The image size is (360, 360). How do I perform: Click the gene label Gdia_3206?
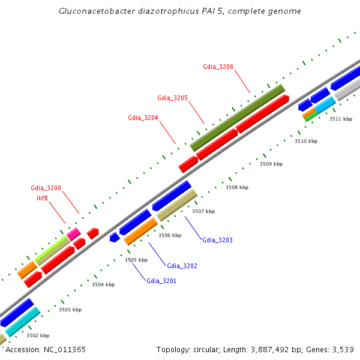(218, 67)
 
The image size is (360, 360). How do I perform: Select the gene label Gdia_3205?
(173, 98)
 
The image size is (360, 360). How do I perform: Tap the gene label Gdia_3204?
(143, 118)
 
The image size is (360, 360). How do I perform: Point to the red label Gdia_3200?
(46, 188)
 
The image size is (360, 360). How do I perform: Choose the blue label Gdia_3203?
(217, 240)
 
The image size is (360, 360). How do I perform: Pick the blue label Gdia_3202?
(182, 266)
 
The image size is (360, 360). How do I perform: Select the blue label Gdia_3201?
(161, 281)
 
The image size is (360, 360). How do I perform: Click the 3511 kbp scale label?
(341, 119)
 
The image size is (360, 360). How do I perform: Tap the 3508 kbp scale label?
(237, 187)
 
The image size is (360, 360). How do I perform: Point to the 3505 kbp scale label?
(136, 260)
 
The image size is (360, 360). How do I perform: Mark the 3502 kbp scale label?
(38, 335)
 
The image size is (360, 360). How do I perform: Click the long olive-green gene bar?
(238, 118)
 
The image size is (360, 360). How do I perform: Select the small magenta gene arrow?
(74, 234)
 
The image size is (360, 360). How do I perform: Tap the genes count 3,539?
(343, 349)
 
